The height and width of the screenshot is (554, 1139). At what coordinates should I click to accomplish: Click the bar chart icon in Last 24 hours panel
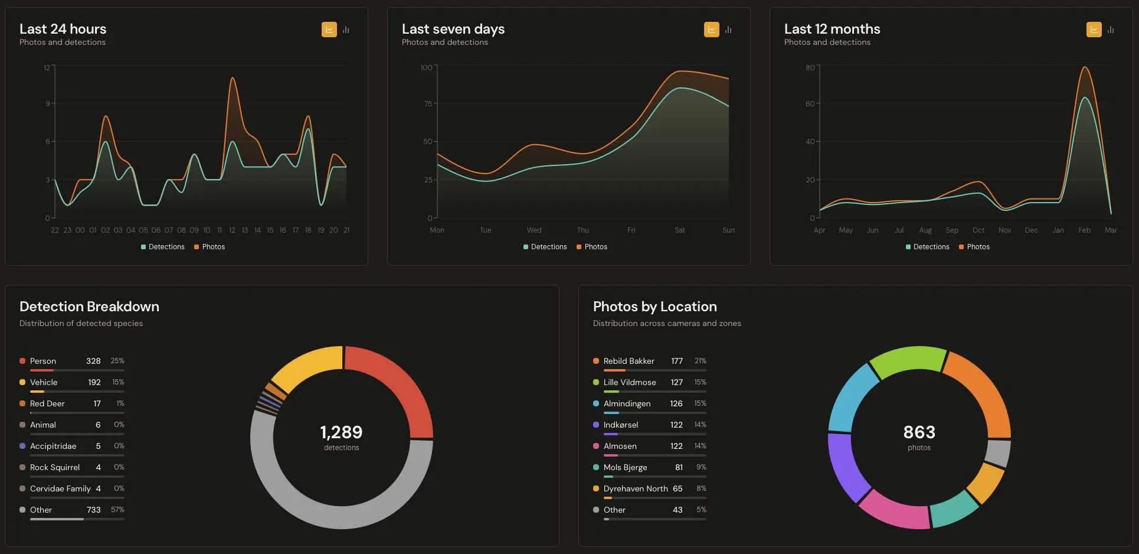[x=346, y=30]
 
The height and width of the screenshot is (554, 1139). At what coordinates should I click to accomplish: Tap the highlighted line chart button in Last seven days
[x=711, y=30]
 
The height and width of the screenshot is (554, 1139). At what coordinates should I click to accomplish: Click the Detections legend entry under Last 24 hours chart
[x=163, y=247]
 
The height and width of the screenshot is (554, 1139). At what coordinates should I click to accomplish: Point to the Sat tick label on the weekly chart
[x=680, y=230]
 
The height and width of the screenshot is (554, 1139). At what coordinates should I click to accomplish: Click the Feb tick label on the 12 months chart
[x=1084, y=230]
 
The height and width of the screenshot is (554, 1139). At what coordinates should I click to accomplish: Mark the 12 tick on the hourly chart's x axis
[x=232, y=230]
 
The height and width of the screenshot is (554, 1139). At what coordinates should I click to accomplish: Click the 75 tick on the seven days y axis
[x=428, y=103]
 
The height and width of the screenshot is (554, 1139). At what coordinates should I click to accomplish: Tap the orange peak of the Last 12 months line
[x=1085, y=67]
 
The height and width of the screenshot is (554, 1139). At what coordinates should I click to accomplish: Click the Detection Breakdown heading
[x=89, y=307]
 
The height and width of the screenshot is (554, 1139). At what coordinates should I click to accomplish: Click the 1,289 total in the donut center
[x=341, y=432]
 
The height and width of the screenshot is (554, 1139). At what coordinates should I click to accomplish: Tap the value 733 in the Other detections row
[x=93, y=510]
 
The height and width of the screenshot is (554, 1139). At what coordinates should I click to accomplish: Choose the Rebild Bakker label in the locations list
[x=629, y=361]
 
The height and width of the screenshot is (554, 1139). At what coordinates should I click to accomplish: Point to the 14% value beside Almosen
[x=700, y=446]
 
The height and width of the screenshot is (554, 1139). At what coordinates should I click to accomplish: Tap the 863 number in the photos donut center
[x=919, y=432]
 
